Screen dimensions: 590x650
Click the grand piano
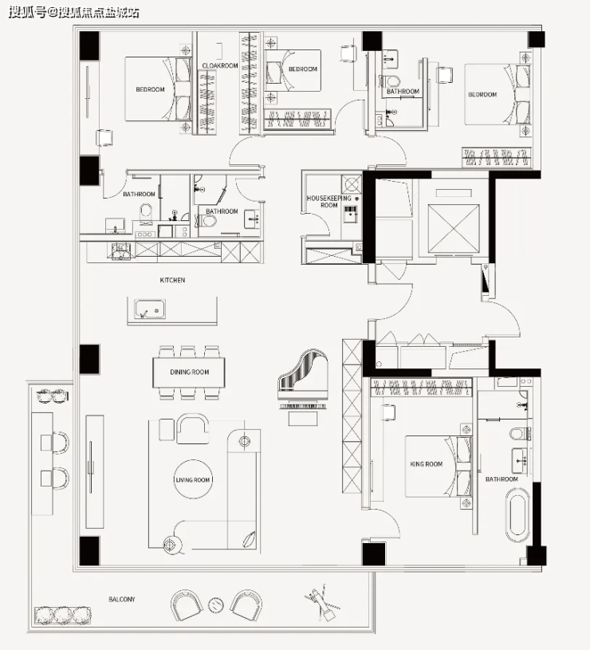303,380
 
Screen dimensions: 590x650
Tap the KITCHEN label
172,280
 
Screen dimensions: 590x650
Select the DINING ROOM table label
189,372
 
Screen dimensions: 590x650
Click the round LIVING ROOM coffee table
193,479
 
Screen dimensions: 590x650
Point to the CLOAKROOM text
219,65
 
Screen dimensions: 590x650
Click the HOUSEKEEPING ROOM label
328,202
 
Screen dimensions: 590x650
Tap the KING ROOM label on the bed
426,464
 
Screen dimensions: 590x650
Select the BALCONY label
122,599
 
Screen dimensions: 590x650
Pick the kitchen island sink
150,309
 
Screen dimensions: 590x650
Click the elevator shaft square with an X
454,228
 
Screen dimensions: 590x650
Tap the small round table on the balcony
216,605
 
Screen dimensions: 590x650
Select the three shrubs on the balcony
62,616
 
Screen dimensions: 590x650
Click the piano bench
303,419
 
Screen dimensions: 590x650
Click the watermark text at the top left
73,13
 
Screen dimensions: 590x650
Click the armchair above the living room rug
193,428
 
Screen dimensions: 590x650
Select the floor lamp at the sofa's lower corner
171,545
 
